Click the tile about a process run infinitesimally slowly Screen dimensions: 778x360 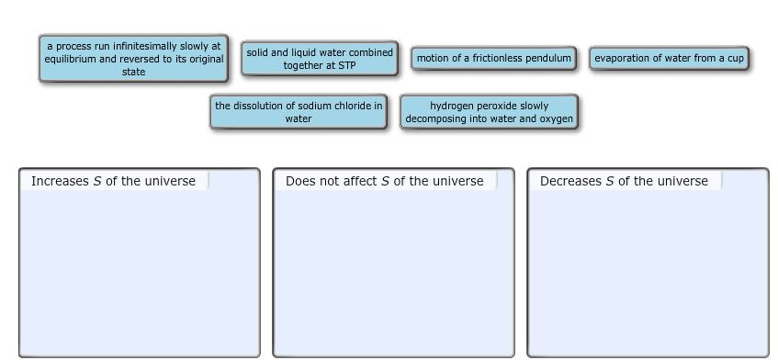click(x=133, y=59)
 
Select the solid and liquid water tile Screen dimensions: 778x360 click(x=320, y=59)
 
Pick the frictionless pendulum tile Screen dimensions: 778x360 click(x=493, y=59)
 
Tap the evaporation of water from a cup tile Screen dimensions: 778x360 click(x=669, y=59)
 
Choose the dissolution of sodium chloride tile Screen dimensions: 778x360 click(x=299, y=112)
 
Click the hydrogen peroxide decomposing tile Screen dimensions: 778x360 click(x=489, y=112)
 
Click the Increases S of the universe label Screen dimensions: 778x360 click(x=113, y=181)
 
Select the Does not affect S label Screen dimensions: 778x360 click(x=384, y=181)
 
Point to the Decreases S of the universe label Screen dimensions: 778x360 click(x=624, y=181)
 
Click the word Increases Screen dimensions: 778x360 click(x=60, y=181)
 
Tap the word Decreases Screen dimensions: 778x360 click(x=570, y=181)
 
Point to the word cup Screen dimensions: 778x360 click(x=734, y=59)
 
